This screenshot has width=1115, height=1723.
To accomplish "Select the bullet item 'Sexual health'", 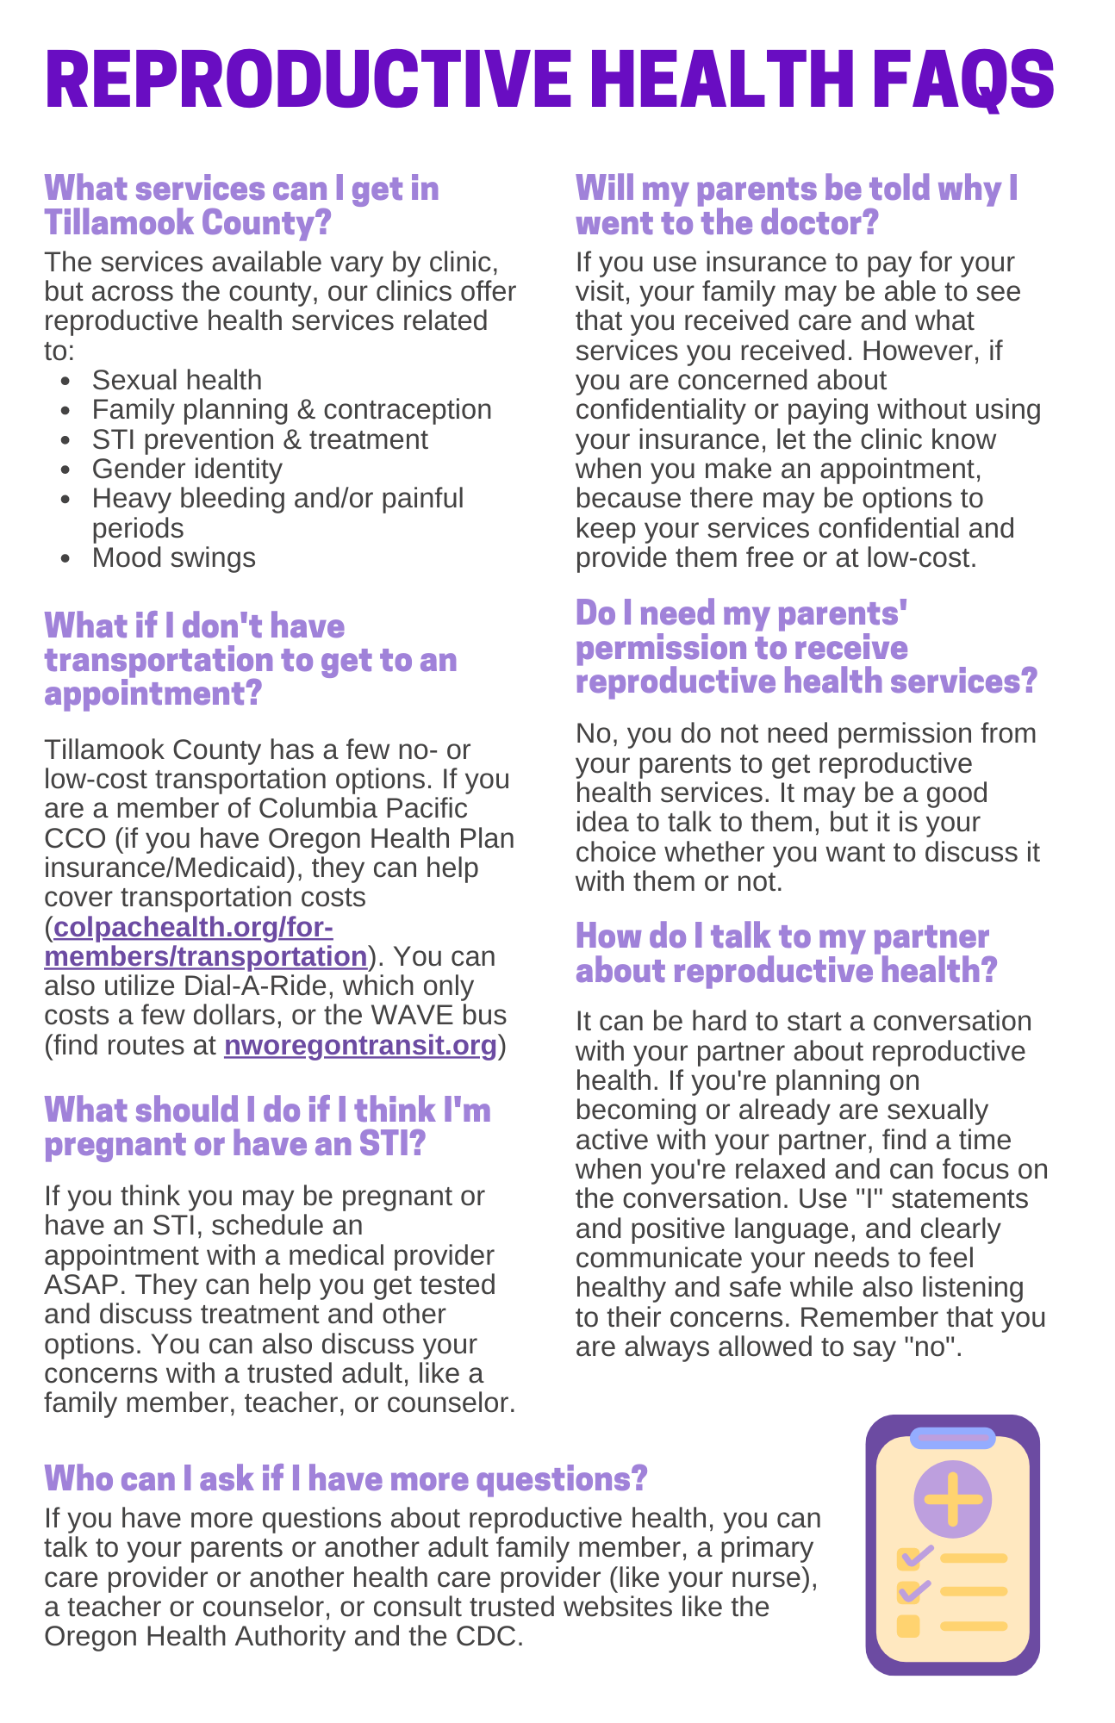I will click(x=177, y=380).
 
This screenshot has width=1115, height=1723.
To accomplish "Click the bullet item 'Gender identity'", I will click(x=187, y=469).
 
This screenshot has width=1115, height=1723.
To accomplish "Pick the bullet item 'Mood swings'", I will click(x=173, y=557).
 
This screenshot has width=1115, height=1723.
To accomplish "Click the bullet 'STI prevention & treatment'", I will click(x=259, y=439).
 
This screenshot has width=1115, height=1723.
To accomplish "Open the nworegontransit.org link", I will click(x=360, y=1045).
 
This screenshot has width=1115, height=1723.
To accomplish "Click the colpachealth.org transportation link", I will click(x=207, y=942).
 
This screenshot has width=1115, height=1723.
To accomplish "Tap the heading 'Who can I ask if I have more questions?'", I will click(x=346, y=1478).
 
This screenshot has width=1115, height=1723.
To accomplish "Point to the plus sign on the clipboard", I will click(x=952, y=1500).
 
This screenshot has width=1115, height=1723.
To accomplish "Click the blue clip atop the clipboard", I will click(x=952, y=1438).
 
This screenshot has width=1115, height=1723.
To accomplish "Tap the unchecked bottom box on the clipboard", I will click(x=908, y=1626).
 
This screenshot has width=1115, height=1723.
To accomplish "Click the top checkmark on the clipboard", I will click(x=914, y=1557).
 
